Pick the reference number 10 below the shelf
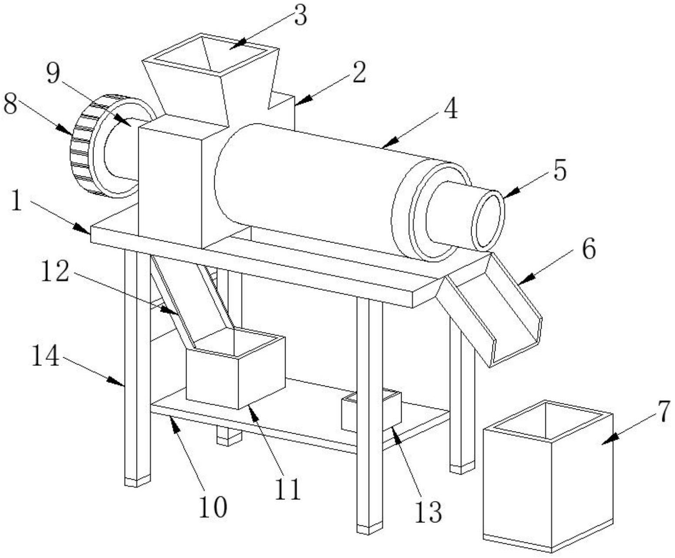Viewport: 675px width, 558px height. click(x=213, y=506)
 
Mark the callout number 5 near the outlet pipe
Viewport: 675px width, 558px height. click(x=559, y=171)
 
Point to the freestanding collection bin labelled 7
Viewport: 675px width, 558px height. click(x=549, y=478)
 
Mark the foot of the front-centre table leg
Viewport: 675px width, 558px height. click(x=369, y=529)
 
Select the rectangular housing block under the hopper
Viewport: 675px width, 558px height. click(x=170, y=183)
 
